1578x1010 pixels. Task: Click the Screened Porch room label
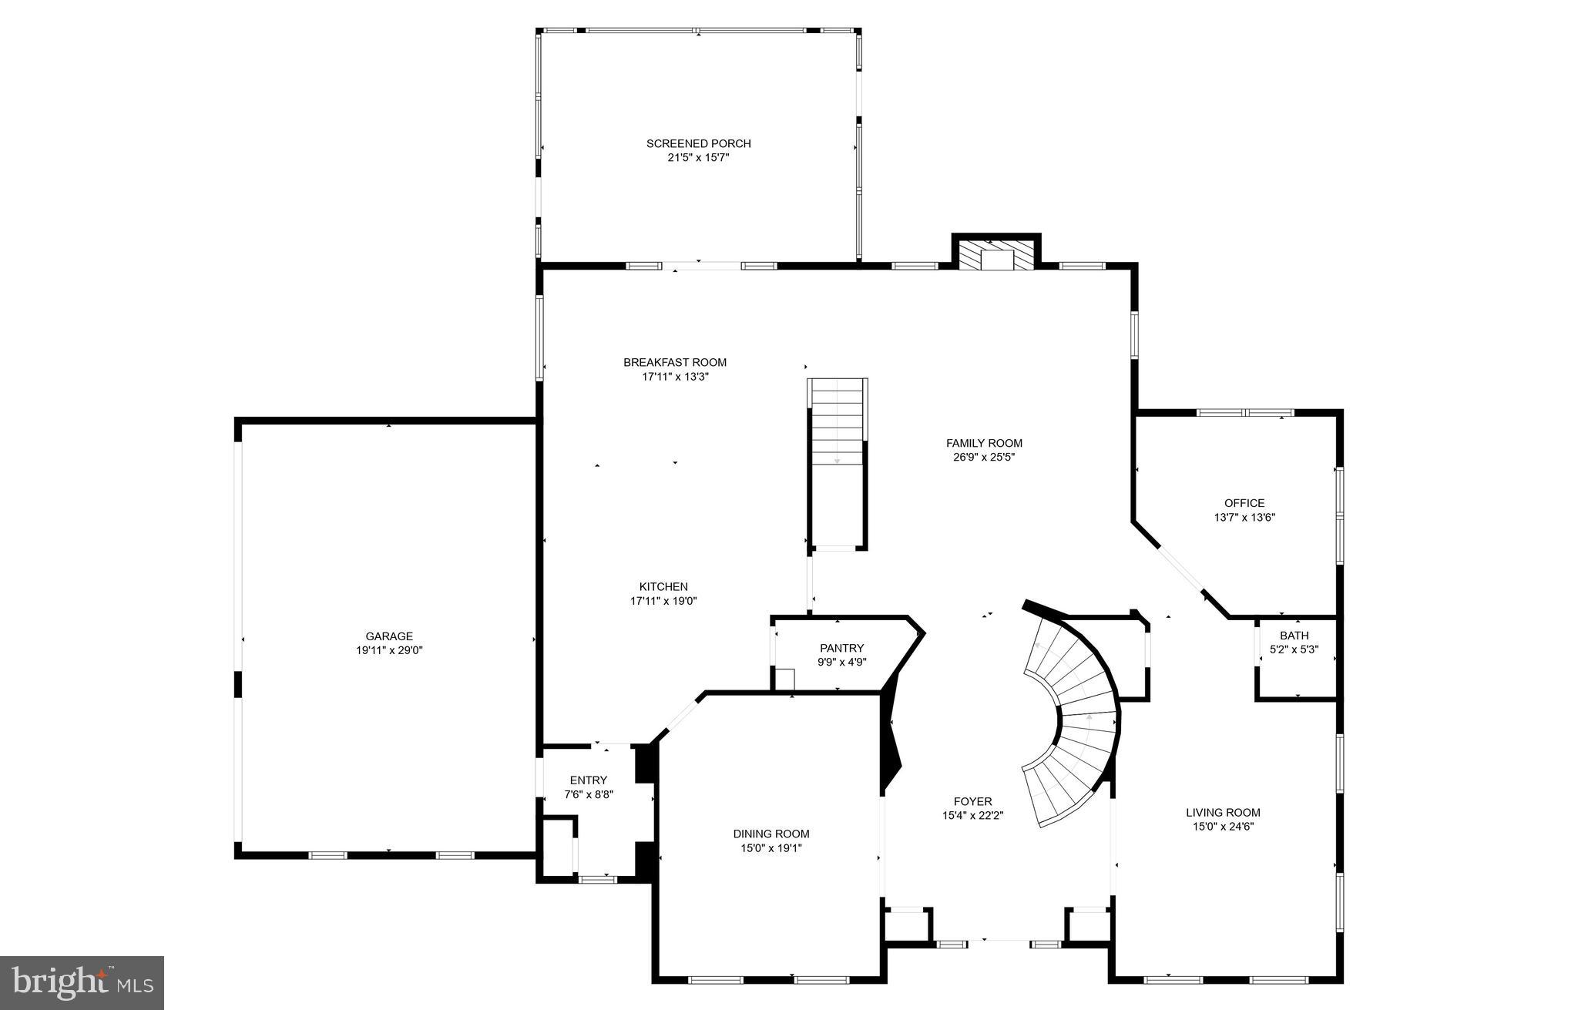click(698, 143)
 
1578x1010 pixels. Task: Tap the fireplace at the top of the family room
click(996, 255)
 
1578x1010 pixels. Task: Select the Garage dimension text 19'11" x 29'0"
click(389, 650)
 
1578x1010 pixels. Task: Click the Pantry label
click(841, 648)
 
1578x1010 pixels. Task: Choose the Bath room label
click(1294, 636)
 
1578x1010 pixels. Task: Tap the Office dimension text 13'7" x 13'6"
click(1244, 518)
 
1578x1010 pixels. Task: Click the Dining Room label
click(771, 834)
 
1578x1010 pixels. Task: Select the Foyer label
click(972, 801)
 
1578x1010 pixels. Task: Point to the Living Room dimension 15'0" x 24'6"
click(1223, 827)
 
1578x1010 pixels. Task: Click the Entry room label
click(589, 780)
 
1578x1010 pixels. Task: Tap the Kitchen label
click(663, 586)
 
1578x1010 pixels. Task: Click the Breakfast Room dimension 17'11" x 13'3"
click(675, 377)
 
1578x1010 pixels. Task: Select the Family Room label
click(984, 443)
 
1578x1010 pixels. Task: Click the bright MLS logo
click(82, 982)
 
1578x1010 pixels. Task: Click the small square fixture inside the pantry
click(784, 679)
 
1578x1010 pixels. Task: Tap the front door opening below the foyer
click(999, 940)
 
